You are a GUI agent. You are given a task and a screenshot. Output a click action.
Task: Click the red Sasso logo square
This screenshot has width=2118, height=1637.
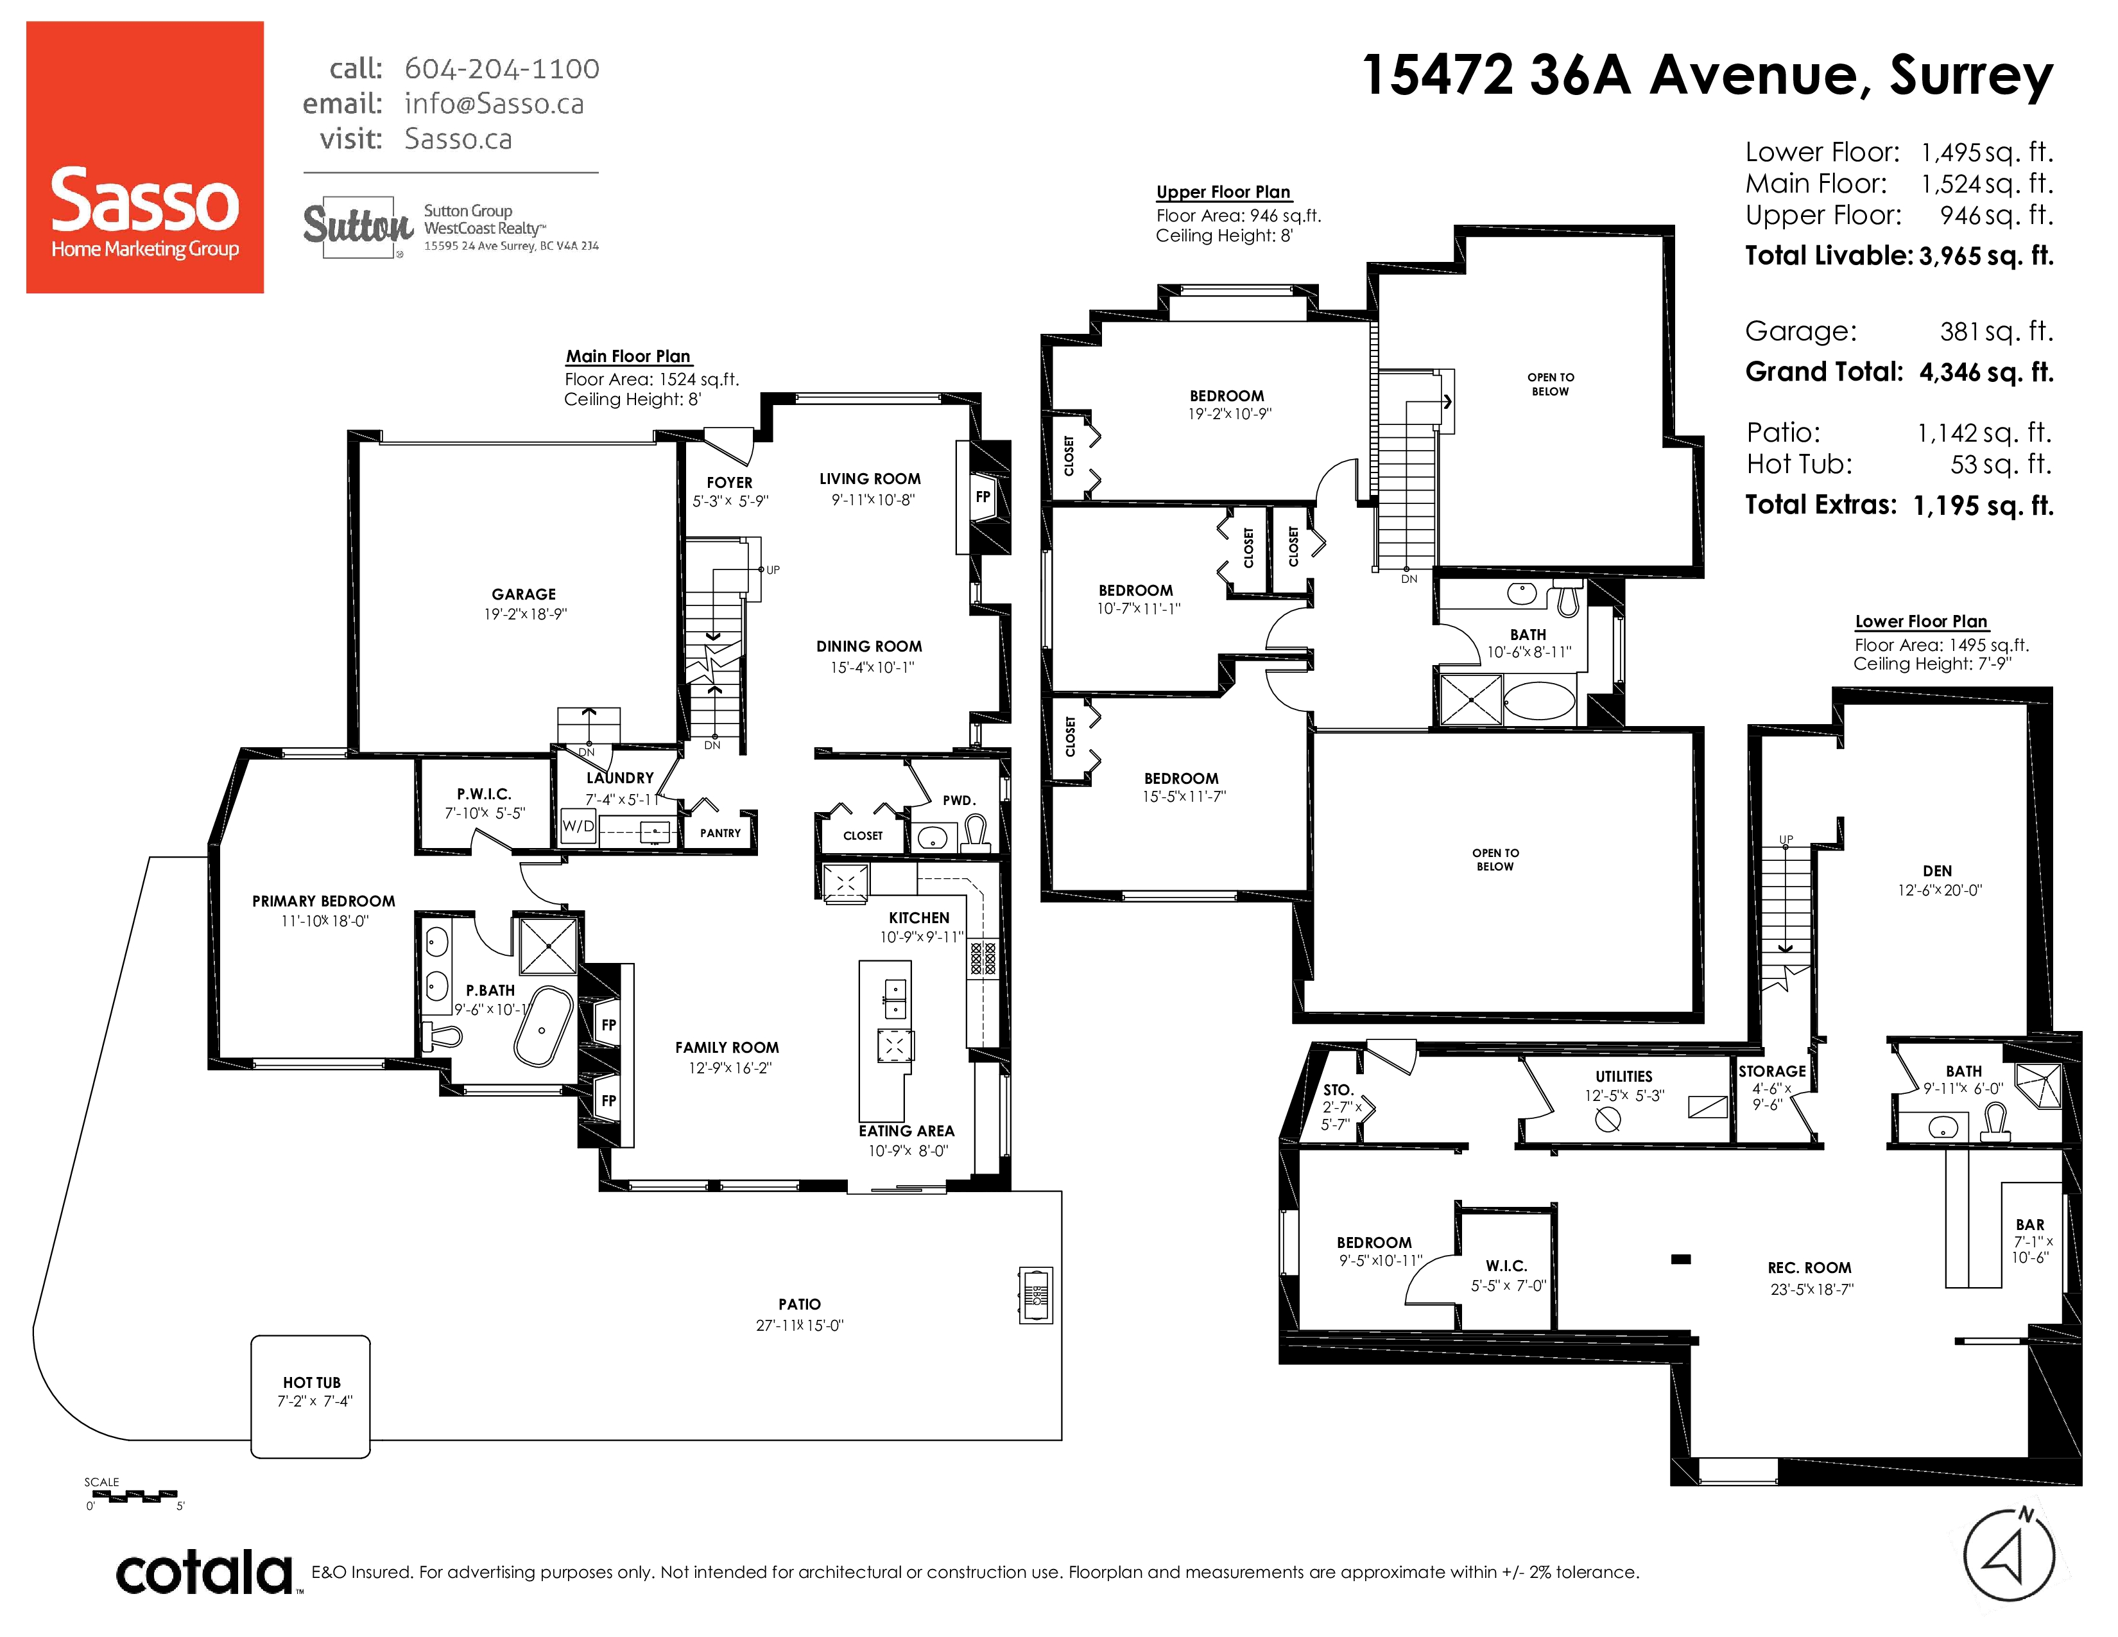pyautogui.click(x=144, y=157)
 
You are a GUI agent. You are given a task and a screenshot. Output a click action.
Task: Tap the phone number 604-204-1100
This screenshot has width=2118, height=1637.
pyautogui.click(x=501, y=69)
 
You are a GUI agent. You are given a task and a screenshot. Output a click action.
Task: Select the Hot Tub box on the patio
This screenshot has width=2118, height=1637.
pyautogui.click(x=311, y=1396)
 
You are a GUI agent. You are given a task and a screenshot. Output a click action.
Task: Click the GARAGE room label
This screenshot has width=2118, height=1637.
pyautogui.click(x=524, y=594)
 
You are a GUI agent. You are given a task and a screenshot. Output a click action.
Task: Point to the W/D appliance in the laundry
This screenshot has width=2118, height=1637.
pyautogui.click(x=578, y=826)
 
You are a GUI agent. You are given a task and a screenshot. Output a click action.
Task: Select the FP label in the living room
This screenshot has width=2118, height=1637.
pyautogui.click(x=983, y=496)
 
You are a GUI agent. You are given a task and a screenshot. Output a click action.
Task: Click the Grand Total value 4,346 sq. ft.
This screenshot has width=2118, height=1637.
pyautogui.click(x=1986, y=372)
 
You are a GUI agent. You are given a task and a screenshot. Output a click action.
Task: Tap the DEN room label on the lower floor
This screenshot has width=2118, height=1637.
pyautogui.click(x=1938, y=871)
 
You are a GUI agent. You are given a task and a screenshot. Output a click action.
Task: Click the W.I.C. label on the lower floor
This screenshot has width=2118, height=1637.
pyautogui.click(x=1506, y=1265)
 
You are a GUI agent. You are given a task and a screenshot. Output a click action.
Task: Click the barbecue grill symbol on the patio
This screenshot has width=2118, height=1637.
pyautogui.click(x=1036, y=1295)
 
